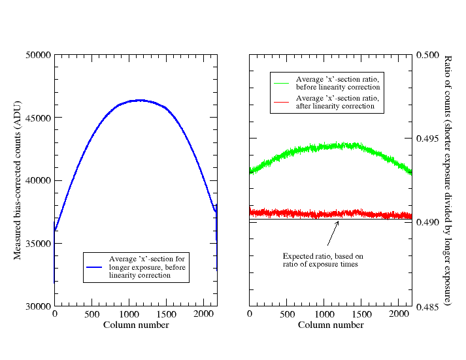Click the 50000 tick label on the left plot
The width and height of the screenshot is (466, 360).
39,55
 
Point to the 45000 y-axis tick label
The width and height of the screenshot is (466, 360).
39,118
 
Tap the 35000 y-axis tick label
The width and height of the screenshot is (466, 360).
39,244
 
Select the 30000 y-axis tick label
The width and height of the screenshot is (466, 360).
39,306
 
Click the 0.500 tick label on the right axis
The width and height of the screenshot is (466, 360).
427,55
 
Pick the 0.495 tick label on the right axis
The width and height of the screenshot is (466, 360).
427,139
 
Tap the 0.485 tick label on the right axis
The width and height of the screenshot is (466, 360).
427,306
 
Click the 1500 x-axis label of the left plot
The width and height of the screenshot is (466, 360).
166,314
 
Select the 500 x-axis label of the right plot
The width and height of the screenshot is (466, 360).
287,314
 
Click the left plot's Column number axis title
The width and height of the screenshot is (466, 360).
136,325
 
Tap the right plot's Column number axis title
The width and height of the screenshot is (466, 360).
331,325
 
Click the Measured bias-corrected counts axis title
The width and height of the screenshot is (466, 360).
18,180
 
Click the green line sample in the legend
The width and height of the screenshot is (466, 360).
281,84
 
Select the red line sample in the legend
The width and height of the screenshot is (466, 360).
281,102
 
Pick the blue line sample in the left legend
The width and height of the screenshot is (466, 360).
94,267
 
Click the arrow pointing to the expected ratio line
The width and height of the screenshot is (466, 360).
333,233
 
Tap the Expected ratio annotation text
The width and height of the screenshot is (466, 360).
323,260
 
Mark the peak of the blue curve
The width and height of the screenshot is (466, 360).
140,101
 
